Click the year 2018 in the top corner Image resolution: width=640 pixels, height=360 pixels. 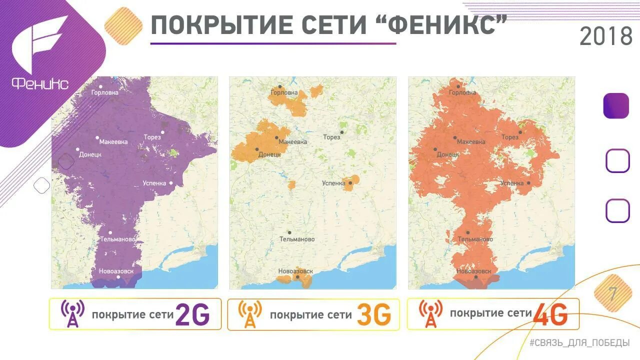605,36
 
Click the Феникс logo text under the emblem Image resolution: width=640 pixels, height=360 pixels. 40,84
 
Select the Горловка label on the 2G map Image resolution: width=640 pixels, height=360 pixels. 105,92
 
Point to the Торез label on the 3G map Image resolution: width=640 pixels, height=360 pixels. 331,137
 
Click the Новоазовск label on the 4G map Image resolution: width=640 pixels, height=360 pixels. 473,271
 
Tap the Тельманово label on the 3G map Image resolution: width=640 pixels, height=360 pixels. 297,239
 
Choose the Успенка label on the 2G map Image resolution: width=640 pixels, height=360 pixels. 154,183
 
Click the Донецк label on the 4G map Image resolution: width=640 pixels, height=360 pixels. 447,154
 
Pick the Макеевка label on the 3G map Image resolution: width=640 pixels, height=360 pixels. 292,142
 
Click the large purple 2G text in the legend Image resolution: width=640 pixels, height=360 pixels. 192,315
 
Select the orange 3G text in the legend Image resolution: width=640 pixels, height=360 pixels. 373,315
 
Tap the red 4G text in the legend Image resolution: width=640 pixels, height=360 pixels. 550,315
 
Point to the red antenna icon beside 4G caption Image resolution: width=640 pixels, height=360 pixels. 430,314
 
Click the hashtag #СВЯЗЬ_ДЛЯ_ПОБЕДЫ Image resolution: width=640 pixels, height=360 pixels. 579,343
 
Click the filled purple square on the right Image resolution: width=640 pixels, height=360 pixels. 616,106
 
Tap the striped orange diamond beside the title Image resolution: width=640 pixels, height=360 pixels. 123,26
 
